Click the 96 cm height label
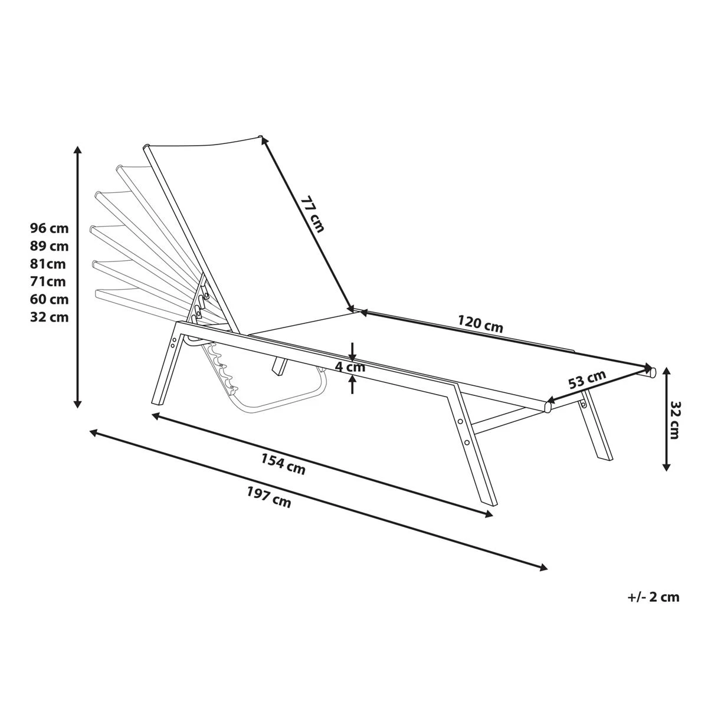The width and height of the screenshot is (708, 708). tap(49, 228)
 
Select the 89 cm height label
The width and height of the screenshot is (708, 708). tap(49, 246)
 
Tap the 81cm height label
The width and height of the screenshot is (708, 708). tap(48, 264)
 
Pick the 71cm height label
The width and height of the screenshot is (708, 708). tap(48, 281)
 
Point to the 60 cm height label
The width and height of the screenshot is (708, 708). tap(49, 299)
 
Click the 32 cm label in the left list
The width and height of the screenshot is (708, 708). tap(49, 317)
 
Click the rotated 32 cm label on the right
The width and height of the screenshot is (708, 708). tap(674, 420)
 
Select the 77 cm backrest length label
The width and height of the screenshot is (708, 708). tap(313, 214)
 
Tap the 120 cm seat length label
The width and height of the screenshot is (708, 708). tap(480, 324)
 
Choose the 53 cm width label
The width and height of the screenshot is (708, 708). tap(586, 379)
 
